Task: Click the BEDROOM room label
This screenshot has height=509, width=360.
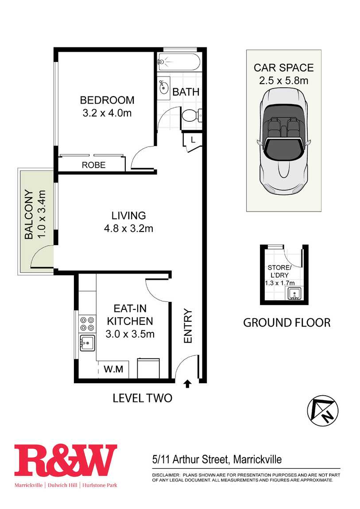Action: click(x=107, y=100)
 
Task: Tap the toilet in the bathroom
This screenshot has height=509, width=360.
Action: click(x=192, y=115)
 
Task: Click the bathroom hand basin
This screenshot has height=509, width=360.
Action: click(x=163, y=86)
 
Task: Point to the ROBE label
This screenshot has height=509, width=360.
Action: click(x=93, y=165)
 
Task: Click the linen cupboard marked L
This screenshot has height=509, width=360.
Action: click(x=193, y=140)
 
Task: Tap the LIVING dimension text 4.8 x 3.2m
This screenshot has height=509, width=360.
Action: click(x=128, y=228)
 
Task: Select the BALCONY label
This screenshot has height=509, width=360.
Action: click(x=29, y=214)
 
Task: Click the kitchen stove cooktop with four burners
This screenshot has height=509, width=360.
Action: click(x=87, y=324)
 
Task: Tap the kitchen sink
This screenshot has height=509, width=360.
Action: click(x=87, y=343)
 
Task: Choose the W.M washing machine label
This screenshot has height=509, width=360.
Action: click(x=113, y=369)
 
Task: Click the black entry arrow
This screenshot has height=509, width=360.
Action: click(x=187, y=384)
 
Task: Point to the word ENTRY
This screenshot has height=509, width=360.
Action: click(x=188, y=326)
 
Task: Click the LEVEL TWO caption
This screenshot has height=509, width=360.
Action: click(x=142, y=398)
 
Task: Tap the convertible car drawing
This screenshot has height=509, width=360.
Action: click(x=284, y=141)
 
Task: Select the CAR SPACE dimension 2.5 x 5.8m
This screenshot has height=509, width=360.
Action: click(x=284, y=80)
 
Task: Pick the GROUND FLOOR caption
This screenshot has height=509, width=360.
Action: click(x=287, y=323)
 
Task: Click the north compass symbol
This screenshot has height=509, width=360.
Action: click(x=323, y=411)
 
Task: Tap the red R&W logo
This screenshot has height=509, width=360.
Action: click(x=66, y=461)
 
